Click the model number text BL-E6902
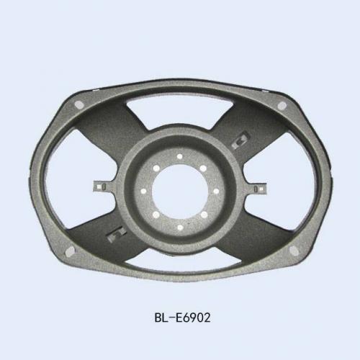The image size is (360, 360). pos(182,318)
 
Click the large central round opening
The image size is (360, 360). pos(180,192)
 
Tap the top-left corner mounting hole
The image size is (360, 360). pos(79,105)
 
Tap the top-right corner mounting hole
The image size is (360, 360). pos(282,105)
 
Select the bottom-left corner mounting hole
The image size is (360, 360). pos(70,251)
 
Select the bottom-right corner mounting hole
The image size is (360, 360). pos(294,251)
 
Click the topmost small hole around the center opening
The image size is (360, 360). pos(179,157)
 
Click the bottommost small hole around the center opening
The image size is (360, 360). pos(180,228)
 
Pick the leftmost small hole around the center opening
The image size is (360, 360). pos(143,192)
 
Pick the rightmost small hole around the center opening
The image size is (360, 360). pos(216,191)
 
